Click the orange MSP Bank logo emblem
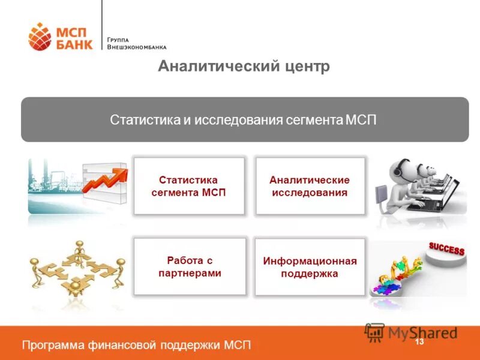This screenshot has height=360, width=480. click(x=40, y=36)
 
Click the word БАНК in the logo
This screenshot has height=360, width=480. click(x=74, y=44)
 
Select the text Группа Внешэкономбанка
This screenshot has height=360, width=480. click(x=136, y=43)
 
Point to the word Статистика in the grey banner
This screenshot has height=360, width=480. click(x=145, y=119)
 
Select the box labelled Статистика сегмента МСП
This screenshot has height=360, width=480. click(x=189, y=186)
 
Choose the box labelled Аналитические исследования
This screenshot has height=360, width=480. click(x=310, y=186)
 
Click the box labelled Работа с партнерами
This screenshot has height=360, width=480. click(x=189, y=266)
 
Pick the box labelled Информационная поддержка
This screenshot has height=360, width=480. click(x=310, y=267)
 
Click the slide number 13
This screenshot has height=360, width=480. click(x=419, y=341)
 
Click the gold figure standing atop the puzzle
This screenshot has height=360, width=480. click(x=79, y=252)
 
